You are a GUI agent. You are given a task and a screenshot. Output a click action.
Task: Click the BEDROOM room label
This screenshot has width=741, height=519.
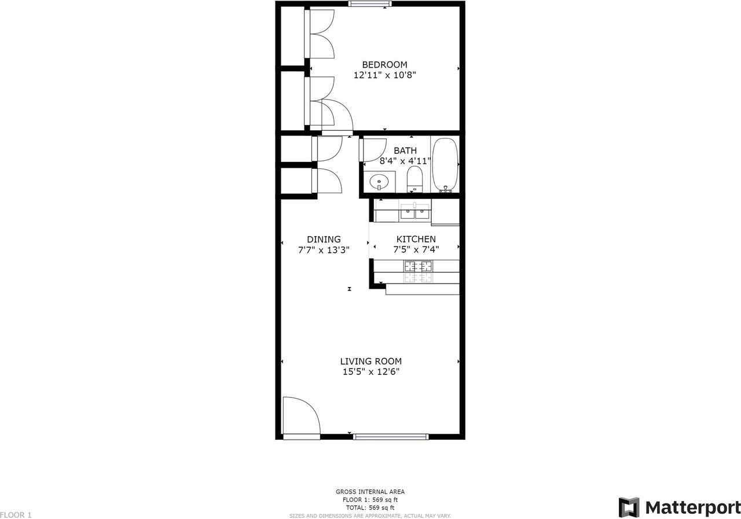tap(384, 65)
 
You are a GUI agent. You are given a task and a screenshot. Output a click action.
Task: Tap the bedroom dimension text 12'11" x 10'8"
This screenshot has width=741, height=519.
tap(384, 75)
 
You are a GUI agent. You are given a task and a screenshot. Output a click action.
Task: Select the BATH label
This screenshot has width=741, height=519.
tap(405, 151)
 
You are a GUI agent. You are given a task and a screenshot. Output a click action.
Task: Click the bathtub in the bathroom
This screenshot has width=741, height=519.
tap(445, 165)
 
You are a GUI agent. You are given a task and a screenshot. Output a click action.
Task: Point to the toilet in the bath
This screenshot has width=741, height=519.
tap(415, 179)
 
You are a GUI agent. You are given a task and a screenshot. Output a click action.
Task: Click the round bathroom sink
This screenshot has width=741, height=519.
tap(379, 182)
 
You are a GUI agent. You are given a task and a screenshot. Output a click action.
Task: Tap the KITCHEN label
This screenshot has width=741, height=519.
tap(416, 240)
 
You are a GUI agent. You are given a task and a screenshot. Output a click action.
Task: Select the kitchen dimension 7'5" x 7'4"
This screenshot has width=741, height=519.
tap(416, 250)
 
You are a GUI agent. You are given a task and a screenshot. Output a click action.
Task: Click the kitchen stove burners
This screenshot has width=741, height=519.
tap(418, 267)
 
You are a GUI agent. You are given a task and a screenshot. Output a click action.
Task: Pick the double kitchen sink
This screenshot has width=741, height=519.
tap(415, 213)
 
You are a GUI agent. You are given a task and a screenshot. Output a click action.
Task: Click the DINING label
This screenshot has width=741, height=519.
tap(324, 240)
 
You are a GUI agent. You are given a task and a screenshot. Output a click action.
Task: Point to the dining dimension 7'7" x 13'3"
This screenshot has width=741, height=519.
tap(324, 250)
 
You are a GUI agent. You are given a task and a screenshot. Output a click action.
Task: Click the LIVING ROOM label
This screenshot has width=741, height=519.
tap(370, 362)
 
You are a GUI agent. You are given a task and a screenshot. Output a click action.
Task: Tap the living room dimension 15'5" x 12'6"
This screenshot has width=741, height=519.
tap(370, 372)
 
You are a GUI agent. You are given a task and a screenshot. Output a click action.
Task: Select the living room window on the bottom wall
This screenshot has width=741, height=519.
tap(391, 437)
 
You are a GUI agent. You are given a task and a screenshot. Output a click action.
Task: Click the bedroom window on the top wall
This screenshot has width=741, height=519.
tap(370, 4)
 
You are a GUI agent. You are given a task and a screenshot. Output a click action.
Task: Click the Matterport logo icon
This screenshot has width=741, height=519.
tap(629, 507)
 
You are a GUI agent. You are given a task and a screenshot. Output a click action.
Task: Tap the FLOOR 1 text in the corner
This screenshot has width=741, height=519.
tap(16, 514)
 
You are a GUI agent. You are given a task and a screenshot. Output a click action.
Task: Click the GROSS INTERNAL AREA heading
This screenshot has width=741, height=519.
tap(370, 492)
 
